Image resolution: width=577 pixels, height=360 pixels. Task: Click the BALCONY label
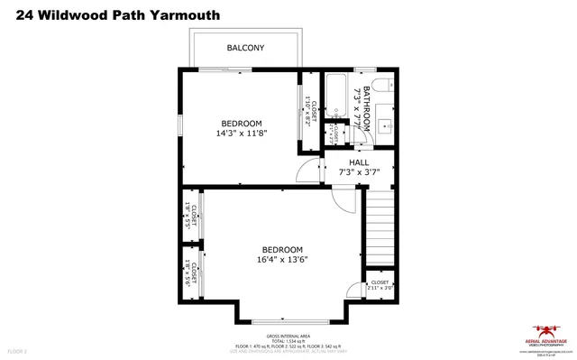tap(245, 48)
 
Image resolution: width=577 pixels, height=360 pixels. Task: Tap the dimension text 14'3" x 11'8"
tap(242, 134)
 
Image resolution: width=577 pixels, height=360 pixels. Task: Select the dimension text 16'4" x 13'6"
tap(282, 260)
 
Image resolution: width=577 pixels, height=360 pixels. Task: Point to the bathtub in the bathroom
tap(337, 95)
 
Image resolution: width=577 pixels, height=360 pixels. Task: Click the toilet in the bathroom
tap(382, 87)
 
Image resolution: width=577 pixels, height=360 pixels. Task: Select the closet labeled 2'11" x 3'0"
tap(380, 288)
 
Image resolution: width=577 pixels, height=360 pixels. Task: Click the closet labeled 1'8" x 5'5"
tap(191, 216)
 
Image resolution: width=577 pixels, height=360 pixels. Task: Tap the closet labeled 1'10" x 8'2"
tap(307, 113)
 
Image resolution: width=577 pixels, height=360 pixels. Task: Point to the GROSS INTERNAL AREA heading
tap(288, 335)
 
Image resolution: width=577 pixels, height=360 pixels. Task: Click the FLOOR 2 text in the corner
tap(18, 350)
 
